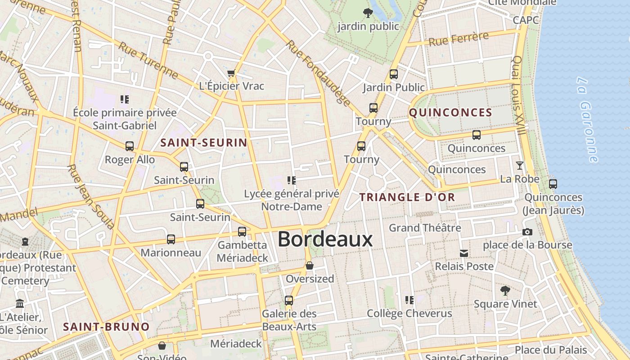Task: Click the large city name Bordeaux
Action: pyautogui.click(x=325, y=239)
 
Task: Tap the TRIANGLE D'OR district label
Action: pyautogui.click(x=407, y=197)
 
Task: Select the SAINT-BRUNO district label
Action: pyautogui.click(x=106, y=327)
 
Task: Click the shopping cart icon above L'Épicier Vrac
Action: pyautogui.click(x=231, y=73)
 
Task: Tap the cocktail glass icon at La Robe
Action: pyautogui.click(x=520, y=166)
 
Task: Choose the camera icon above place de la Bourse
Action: pyautogui.click(x=527, y=232)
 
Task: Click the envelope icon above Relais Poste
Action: pyautogui.click(x=464, y=253)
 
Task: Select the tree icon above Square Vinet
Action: pyautogui.click(x=505, y=291)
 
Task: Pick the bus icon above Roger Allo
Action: pyautogui.click(x=130, y=146)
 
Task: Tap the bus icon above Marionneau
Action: pyautogui.click(x=171, y=239)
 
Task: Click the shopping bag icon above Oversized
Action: pyautogui.click(x=310, y=265)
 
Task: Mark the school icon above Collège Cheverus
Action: pyautogui.click(x=409, y=300)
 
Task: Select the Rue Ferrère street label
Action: pyautogui.click(x=459, y=39)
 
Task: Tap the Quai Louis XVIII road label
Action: pyautogui.click(x=519, y=95)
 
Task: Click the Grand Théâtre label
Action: pyautogui.click(x=425, y=228)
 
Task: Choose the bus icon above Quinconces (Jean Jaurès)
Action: pyautogui.click(x=553, y=184)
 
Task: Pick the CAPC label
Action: pyautogui.click(x=526, y=20)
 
